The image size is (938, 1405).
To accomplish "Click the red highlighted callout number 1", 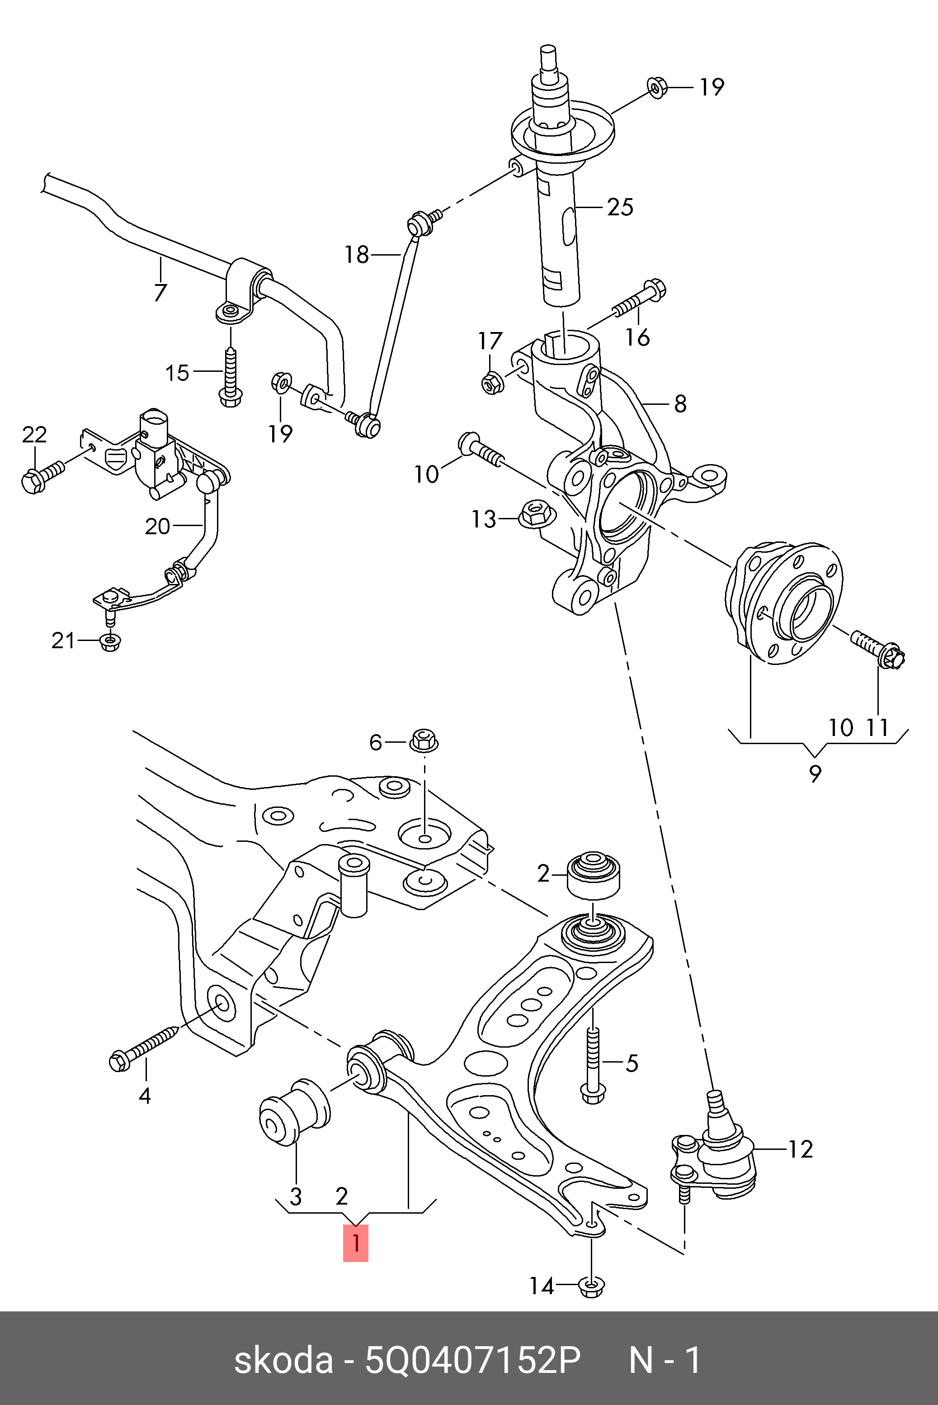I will coord(355,1244).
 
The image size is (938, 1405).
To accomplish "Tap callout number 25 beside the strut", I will coord(620,207).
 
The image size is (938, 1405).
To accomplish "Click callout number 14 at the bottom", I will coord(542,1286).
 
